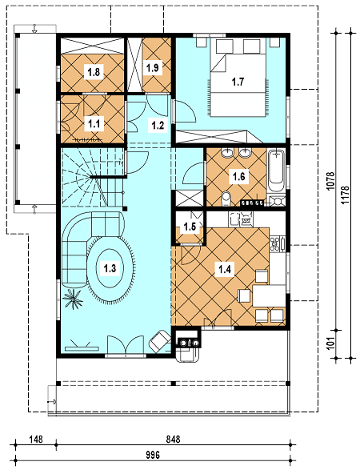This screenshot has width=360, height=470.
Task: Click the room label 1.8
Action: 94,72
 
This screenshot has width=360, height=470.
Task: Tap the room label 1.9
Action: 152,68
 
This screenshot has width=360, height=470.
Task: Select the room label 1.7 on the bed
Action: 238,82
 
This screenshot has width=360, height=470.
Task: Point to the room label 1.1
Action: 94,123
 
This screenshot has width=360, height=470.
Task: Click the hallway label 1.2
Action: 158,125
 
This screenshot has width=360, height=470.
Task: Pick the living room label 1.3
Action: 110,267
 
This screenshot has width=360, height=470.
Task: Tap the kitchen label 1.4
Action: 224,270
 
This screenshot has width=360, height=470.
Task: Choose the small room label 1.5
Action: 190,227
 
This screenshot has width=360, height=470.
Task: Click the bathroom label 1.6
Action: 238,176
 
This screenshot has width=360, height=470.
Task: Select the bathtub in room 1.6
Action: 276,171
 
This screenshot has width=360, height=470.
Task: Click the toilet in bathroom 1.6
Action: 226,199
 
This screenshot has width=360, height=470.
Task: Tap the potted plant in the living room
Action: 73,299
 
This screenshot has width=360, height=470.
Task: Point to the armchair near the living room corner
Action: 160,341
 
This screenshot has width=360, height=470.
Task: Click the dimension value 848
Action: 173,439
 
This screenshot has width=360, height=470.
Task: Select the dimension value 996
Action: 153,455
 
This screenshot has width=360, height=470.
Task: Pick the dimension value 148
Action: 36,439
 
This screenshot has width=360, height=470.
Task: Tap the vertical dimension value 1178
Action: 345,195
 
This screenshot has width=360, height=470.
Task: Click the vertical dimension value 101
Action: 330,343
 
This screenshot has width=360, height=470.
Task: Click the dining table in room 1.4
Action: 269,295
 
